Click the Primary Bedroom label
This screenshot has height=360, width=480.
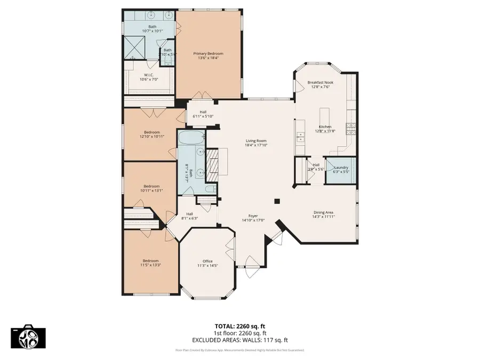click(208, 54)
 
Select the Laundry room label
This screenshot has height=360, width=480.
click(341, 167)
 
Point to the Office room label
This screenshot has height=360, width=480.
click(207, 261)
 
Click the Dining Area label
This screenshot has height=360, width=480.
click(324, 212)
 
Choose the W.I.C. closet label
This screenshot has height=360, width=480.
click(149, 75)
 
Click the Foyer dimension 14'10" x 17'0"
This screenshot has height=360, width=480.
click(253, 220)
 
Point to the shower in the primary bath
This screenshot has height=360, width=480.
click(135, 46)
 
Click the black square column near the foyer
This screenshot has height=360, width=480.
click(277, 201)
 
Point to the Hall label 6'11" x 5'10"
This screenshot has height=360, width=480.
click(203, 114)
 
